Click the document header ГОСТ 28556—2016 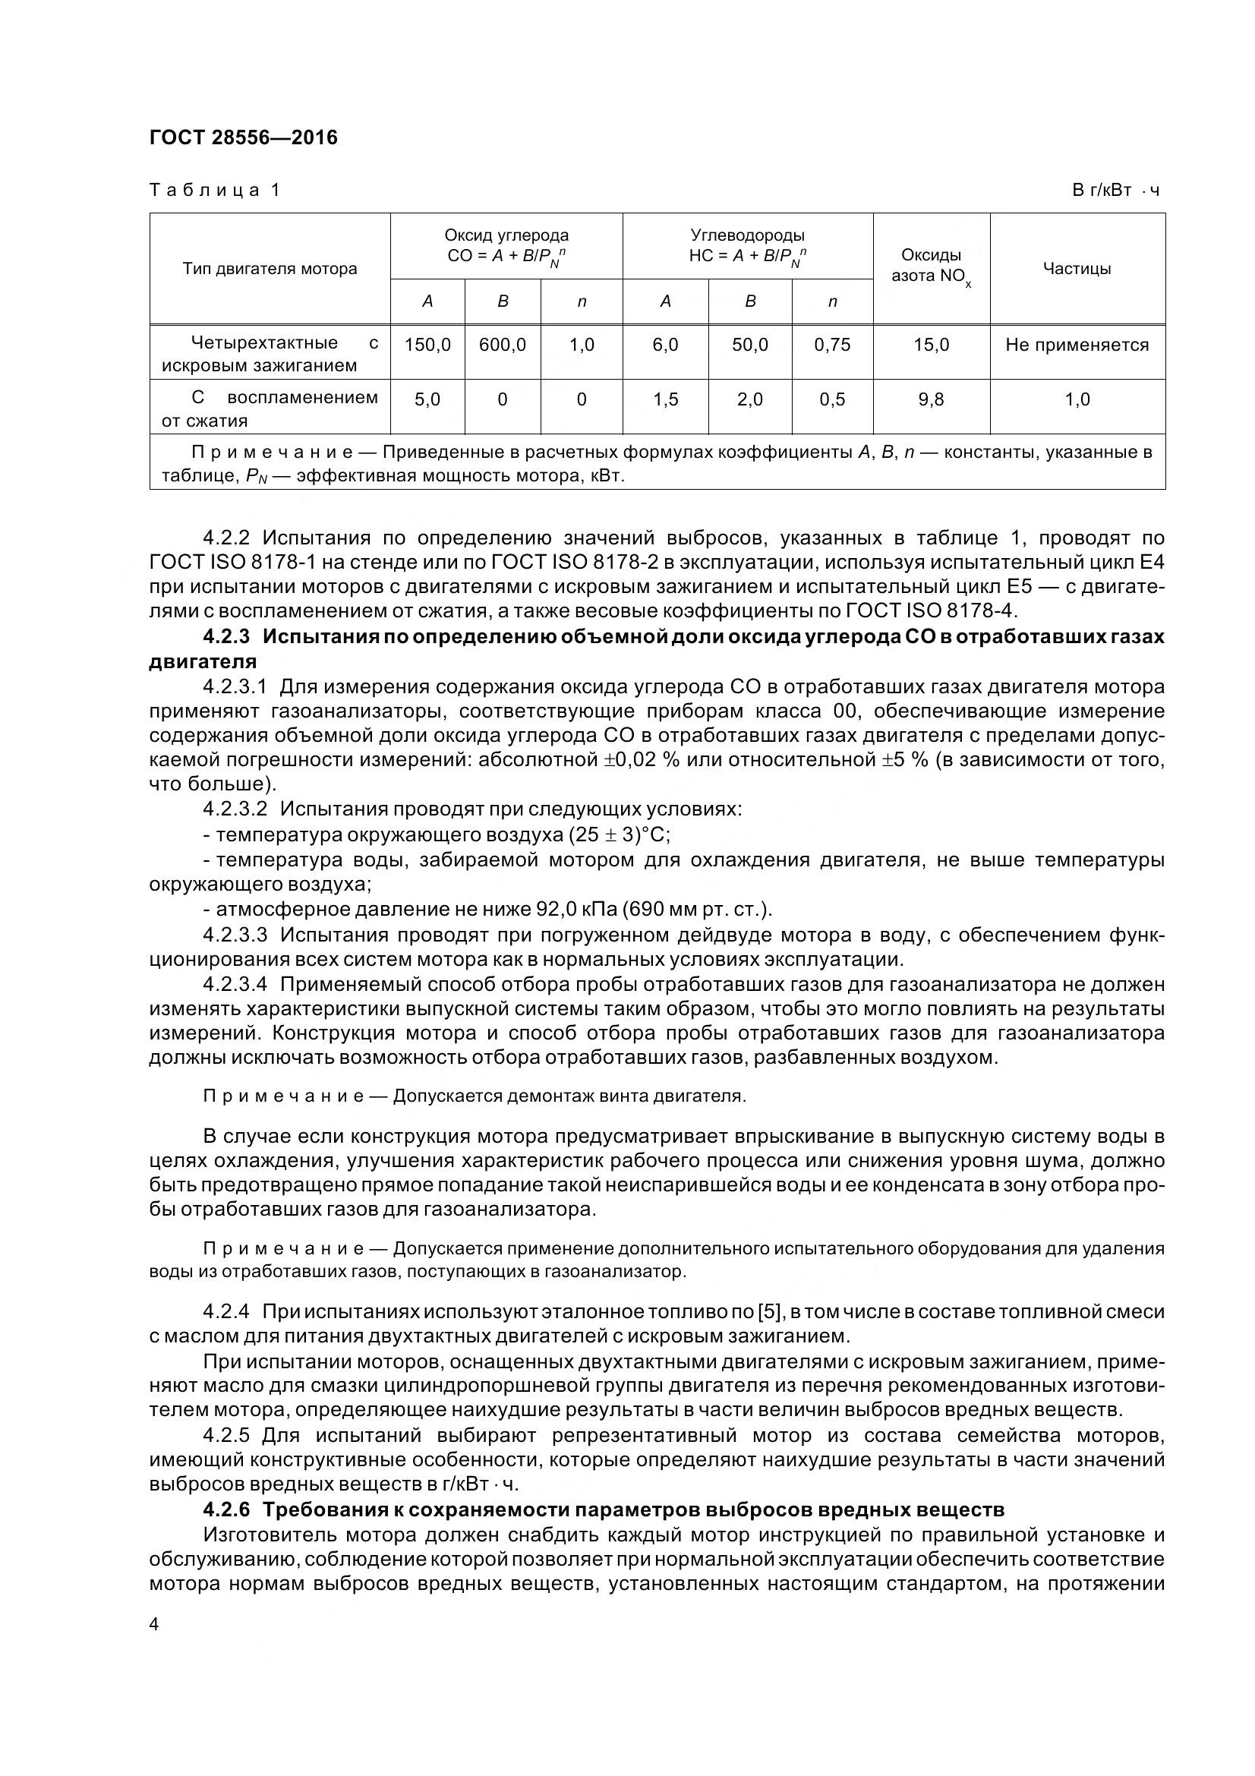point(244,137)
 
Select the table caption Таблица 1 point(214,191)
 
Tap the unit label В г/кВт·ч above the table point(1116,191)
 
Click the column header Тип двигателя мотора point(270,270)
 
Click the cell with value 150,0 point(427,345)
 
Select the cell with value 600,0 point(503,345)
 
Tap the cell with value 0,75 point(832,345)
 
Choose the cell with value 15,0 point(931,345)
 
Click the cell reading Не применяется point(1077,345)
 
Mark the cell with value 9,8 point(931,400)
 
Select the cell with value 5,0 point(427,400)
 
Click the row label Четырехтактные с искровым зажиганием point(270,354)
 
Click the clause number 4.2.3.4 point(235,985)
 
